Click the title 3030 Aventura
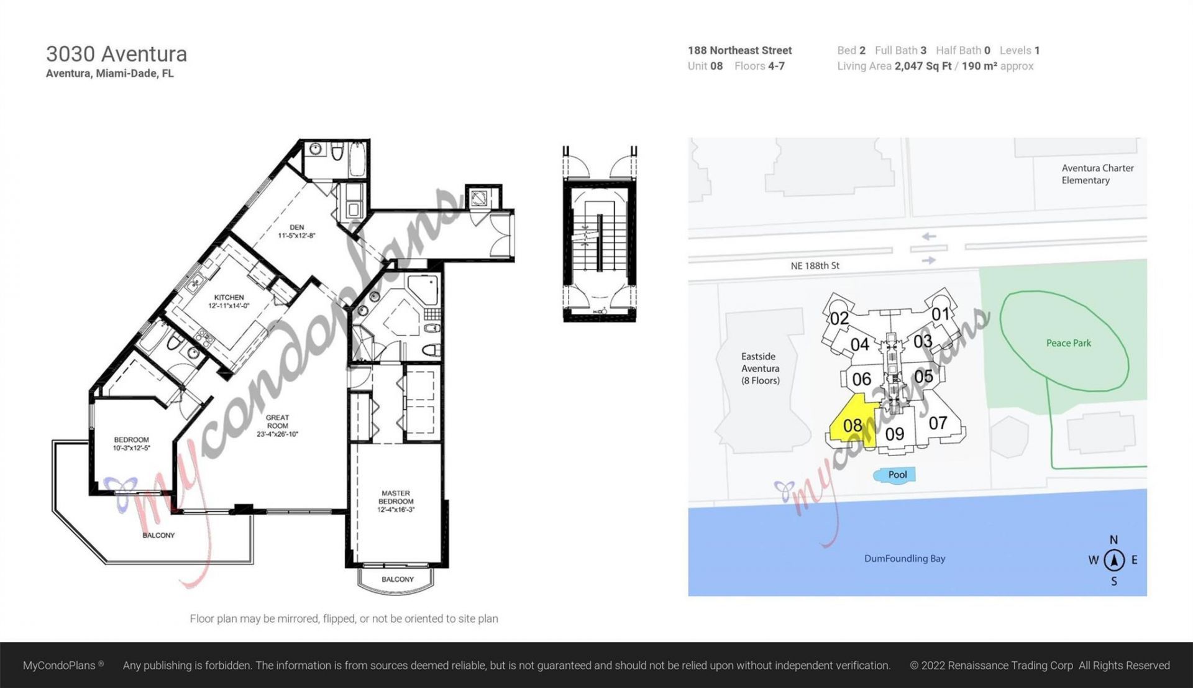click(116, 54)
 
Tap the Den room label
click(296, 231)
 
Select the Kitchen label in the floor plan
click(229, 301)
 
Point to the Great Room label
click(277, 426)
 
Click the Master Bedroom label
click(396, 501)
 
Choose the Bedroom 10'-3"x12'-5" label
click(131, 443)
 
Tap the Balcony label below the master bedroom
click(397, 579)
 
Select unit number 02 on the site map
click(839, 318)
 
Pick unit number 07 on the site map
click(938, 423)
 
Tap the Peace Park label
click(1068, 343)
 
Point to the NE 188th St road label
click(815, 266)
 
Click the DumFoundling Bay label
click(904, 559)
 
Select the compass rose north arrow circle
click(1114, 560)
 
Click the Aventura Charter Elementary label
click(1097, 174)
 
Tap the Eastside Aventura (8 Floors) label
click(760, 369)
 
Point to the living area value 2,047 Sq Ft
click(923, 67)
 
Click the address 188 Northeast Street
click(739, 50)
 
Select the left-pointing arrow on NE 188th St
click(928, 237)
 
